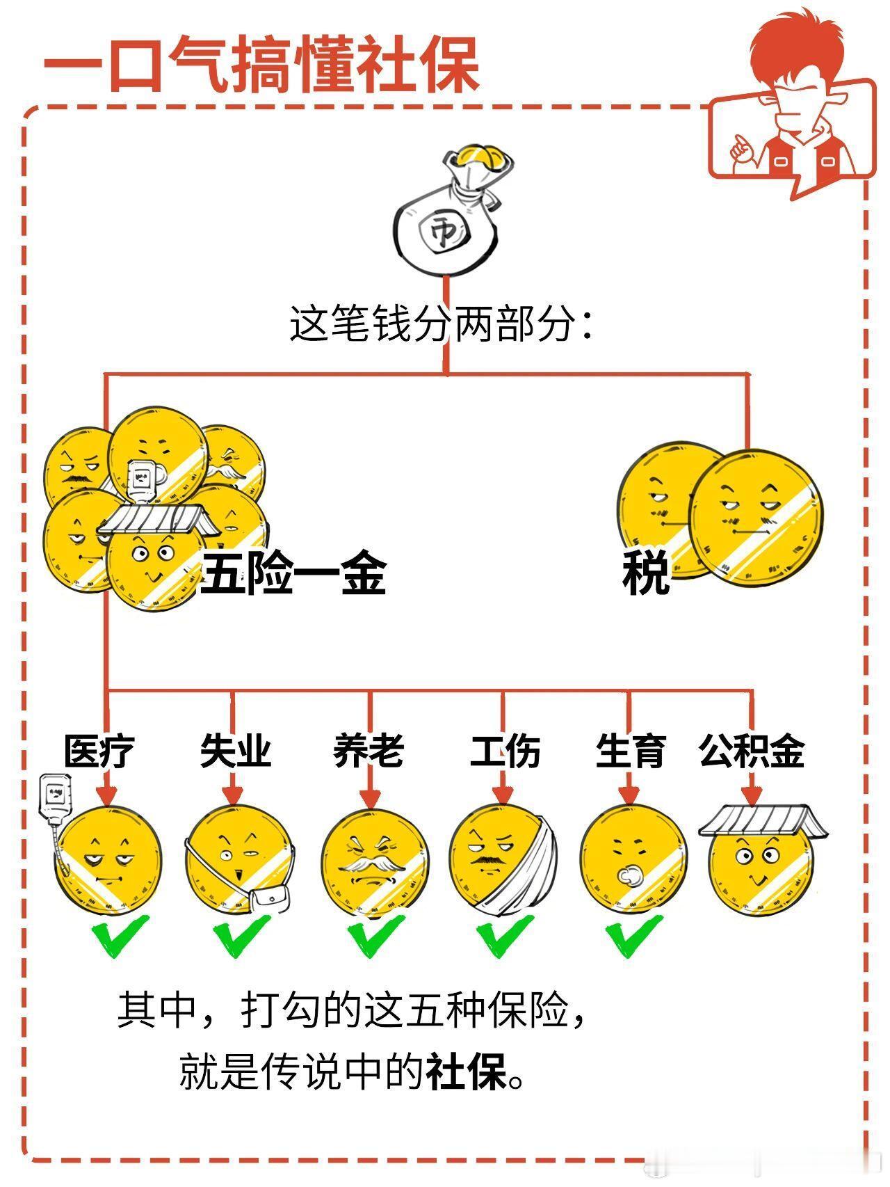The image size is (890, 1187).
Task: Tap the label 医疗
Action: [99, 750]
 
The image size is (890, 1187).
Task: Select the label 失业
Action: [235, 750]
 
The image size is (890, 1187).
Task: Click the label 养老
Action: [369, 750]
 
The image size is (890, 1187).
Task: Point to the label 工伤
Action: [505, 750]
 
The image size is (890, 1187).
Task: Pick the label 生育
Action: [631, 750]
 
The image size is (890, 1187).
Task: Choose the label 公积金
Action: [752, 750]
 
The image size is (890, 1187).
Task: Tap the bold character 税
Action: [646, 573]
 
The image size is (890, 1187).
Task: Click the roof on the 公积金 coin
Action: [763, 820]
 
